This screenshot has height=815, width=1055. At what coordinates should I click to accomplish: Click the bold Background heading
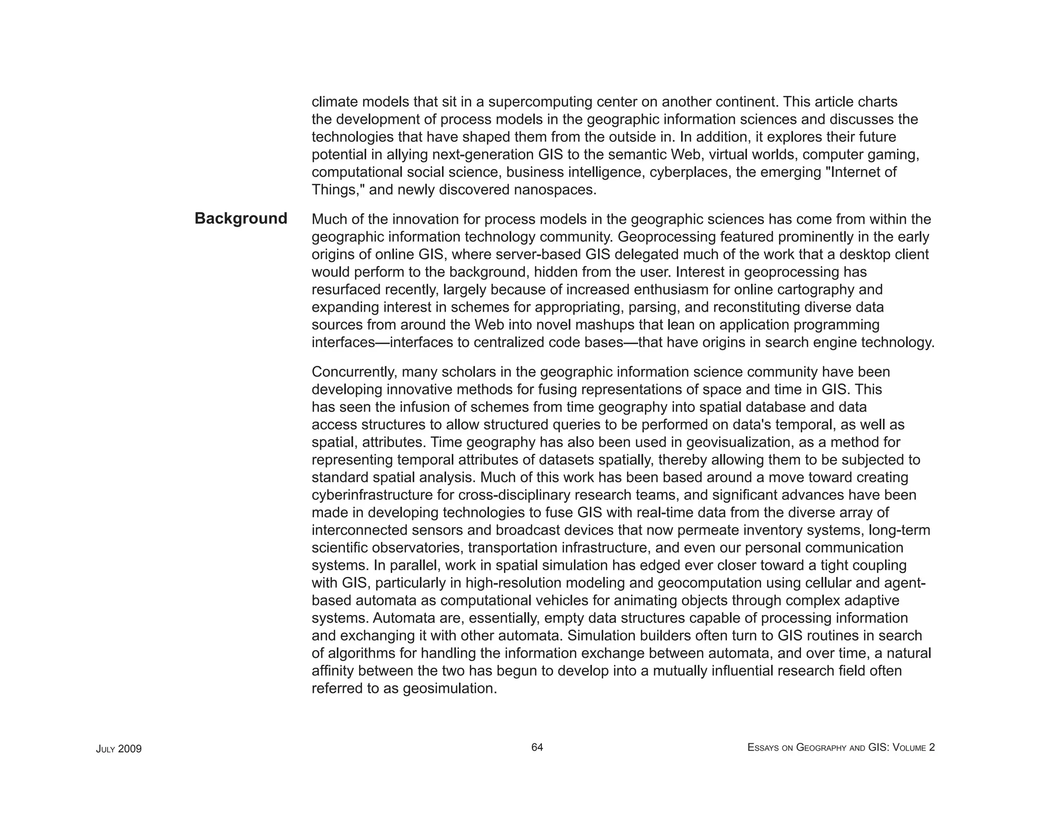(x=241, y=218)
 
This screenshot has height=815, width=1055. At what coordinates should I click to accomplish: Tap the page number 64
(x=537, y=747)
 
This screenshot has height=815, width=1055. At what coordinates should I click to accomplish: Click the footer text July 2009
(x=118, y=749)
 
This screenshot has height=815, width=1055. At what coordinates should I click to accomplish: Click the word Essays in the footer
(x=762, y=748)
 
